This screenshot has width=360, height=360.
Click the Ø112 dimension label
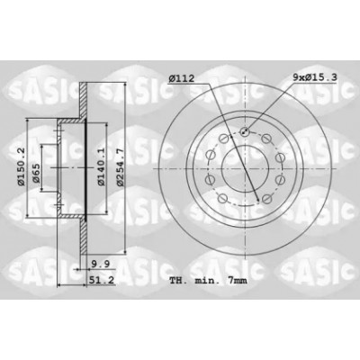pyautogui.click(x=181, y=79)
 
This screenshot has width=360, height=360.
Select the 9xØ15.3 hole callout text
pyautogui.click(x=315, y=77)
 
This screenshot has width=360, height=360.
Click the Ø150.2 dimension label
pyautogui.click(x=21, y=166)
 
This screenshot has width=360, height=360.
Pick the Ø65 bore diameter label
pyautogui.click(x=36, y=173)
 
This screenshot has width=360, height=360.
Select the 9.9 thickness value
pyautogui.click(x=101, y=265)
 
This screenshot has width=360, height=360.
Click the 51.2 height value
pyautogui.click(x=102, y=280)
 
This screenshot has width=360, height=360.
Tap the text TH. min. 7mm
pyautogui.click(x=208, y=281)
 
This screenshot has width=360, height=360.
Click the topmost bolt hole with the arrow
pyautogui.click(x=245, y=131)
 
